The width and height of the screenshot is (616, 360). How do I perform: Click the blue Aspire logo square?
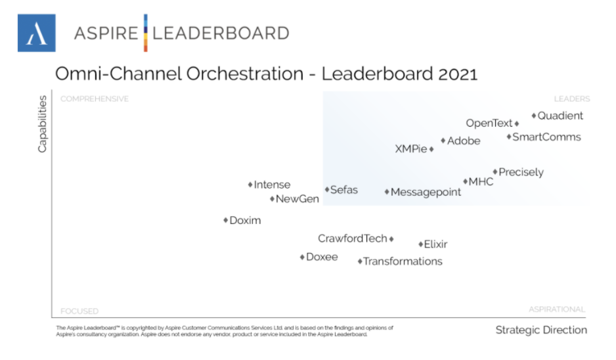[x=36, y=33]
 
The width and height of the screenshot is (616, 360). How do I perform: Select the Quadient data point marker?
[x=534, y=116]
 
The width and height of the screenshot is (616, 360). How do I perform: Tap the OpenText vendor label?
[x=489, y=124]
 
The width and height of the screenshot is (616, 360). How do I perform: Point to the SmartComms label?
[x=546, y=137]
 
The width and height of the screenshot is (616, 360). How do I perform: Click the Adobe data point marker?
[x=443, y=141]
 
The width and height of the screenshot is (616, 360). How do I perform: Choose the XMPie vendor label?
[x=410, y=149]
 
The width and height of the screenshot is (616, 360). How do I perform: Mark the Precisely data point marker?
[x=496, y=172]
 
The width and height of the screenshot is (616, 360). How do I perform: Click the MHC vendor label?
[x=481, y=182]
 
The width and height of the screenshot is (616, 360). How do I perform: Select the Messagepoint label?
[x=426, y=192]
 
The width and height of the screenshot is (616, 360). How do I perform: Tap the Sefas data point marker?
[x=326, y=190]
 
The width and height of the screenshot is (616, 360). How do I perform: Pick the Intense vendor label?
[x=272, y=185]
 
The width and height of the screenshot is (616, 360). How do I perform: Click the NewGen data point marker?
[x=272, y=199]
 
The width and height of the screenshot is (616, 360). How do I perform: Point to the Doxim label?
[x=245, y=221]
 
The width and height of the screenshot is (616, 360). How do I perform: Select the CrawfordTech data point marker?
[x=391, y=239]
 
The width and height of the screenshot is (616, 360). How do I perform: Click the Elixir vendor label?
[x=435, y=244]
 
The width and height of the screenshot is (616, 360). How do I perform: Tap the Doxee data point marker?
[x=302, y=258]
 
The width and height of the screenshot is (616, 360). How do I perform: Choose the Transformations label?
[x=403, y=261]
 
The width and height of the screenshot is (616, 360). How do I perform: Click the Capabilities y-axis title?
[x=43, y=124]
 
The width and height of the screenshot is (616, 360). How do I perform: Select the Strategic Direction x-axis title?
[x=541, y=330]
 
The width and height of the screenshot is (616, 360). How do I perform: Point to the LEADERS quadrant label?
[x=571, y=99]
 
